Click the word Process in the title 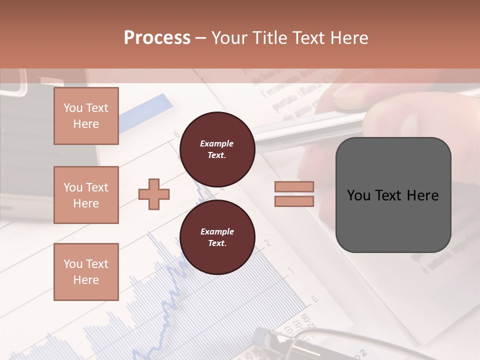pyautogui.click(x=157, y=37)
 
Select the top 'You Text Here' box pyautogui.click(x=86, y=116)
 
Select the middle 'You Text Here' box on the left pyautogui.click(x=86, y=195)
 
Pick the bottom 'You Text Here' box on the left pyautogui.click(x=86, y=271)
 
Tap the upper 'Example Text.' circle pyautogui.click(x=217, y=149)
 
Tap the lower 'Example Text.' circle pyautogui.click(x=217, y=237)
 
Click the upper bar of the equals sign pyautogui.click(x=294, y=186)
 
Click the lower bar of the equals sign pyautogui.click(x=294, y=201)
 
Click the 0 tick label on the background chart pyautogui.click(x=314, y=299)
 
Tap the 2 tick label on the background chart pyautogui.click(x=267, y=243)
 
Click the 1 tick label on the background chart pyautogui.click(x=291, y=270)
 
